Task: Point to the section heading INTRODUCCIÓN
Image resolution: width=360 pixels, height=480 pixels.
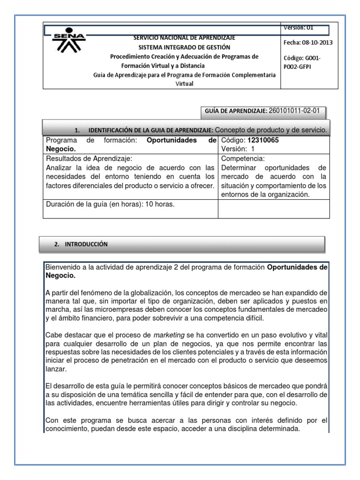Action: click(x=86, y=244)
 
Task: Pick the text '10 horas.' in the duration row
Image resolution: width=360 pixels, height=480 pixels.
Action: click(x=159, y=204)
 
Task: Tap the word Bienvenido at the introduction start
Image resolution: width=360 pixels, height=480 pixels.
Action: click(x=64, y=267)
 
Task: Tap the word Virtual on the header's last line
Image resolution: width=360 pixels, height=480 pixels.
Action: click(x=184, y=84)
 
